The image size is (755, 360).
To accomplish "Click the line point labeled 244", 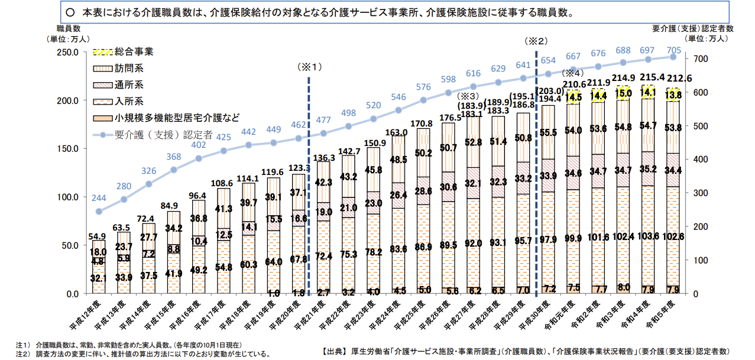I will coord(99,211).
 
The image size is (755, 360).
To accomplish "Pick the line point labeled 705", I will coord(673,57).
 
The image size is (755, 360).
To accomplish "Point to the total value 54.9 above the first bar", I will coord(99,235).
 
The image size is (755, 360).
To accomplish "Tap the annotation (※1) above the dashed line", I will coord(309,67).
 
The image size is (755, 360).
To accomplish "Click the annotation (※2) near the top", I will coord(536,41).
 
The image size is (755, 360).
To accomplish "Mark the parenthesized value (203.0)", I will coord(547,90).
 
